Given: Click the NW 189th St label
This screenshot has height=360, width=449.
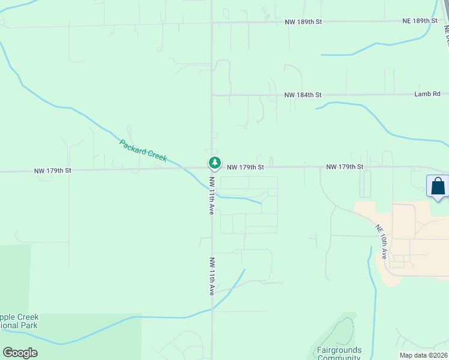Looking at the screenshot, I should click(303, 22).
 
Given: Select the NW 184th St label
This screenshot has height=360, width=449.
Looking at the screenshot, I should click(303, 95).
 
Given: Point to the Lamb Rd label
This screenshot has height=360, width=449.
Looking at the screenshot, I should click(427, 94).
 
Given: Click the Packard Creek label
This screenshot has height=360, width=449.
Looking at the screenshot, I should click(143, 150).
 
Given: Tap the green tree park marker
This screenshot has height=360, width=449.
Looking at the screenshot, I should click(214, 163).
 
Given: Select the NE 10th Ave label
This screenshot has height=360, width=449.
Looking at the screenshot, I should click(381, 242).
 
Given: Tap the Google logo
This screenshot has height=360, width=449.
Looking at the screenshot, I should click(20, 353).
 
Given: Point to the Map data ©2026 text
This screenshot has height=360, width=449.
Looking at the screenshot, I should click(424, 355).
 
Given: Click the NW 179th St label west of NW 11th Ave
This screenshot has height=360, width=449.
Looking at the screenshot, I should click(53, 171).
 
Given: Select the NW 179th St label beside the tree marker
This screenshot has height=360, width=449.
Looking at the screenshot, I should click(246, 167).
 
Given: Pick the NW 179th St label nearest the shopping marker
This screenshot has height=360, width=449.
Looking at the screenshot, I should click(345, 166).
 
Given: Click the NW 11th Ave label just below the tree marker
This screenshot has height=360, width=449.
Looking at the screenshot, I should click(212, 196).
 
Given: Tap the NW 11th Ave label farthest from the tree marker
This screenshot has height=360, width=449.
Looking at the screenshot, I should click(212, 276).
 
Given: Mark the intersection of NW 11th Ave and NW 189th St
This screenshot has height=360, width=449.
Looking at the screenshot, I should click(212, 23).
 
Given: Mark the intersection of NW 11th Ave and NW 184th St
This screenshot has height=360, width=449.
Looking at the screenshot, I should click(212, 95).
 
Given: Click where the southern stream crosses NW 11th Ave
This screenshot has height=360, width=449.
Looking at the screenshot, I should click(212, 309).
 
